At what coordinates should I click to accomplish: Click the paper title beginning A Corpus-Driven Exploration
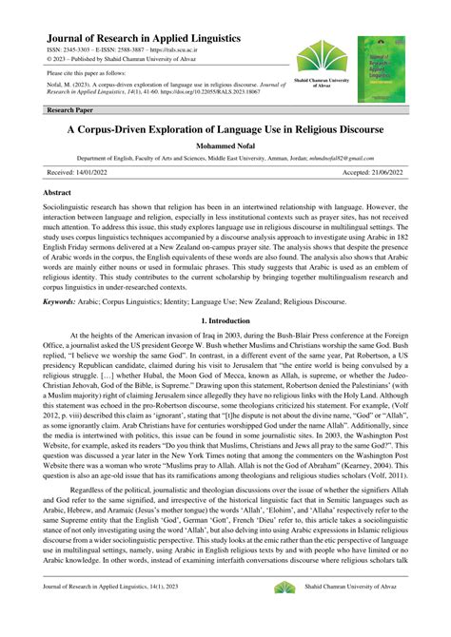[x=225, y=128]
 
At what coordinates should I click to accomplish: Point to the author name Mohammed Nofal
[x=225, y=146]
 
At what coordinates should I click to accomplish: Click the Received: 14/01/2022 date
[x=78, y=173]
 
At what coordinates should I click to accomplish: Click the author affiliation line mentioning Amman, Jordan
[x=225, y=159]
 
